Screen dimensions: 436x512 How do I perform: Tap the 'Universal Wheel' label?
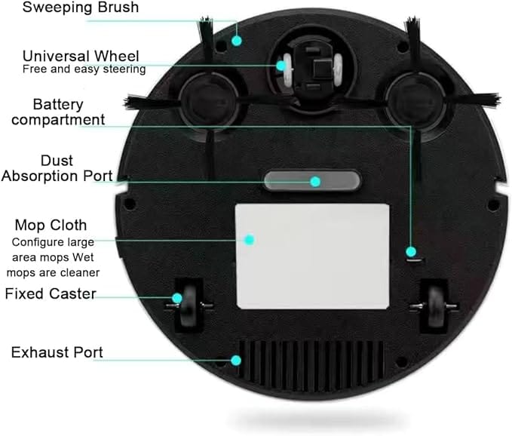[x=81, y=56]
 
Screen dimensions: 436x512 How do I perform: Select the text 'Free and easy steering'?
[x=84, y=69]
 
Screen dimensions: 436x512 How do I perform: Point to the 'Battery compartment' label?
[x=57, y=112]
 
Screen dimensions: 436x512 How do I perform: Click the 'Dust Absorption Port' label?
[x=57, y=168]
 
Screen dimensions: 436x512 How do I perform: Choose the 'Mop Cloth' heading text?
[x=51, y=225]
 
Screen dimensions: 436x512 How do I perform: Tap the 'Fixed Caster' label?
[x=51, y=293]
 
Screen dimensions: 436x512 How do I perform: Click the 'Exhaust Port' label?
[x=57, y=352]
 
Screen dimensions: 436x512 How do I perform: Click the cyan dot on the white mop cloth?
[x=249, y=239]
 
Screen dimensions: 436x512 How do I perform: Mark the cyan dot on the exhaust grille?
[x=236, y=361]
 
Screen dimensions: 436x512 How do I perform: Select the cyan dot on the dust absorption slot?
[x=315, y=181]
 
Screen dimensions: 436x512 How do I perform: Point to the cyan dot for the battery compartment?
[x=410, y=251]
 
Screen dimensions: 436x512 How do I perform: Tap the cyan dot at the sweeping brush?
[x=236, y=40]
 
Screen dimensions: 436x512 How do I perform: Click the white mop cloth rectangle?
[x=313, y=256]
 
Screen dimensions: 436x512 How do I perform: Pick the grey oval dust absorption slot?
[x=312, y=181]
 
